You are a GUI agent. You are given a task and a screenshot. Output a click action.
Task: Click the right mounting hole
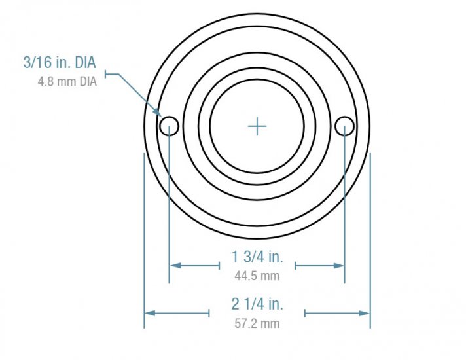(344, 125)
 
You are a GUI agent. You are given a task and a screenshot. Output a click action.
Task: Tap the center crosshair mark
(257, 126)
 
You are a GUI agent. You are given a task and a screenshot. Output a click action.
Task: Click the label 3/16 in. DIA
(60, 63)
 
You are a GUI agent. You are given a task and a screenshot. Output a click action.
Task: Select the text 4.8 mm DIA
(68, 82)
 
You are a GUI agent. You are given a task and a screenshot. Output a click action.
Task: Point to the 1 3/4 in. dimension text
(257, 256)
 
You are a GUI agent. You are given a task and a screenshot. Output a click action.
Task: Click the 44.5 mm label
(257, 276)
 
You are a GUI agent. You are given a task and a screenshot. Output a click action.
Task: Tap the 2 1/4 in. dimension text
(257, 304)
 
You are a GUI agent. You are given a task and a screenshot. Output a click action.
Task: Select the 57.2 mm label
(257, 323)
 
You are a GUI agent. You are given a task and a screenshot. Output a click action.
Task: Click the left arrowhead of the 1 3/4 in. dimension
(174, 265)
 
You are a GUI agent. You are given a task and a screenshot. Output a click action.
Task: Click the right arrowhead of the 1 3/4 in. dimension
(340, 265)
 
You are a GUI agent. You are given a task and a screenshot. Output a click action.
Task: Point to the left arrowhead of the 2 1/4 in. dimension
(149, 313)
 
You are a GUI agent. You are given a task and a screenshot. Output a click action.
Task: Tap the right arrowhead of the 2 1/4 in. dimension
(365, 313)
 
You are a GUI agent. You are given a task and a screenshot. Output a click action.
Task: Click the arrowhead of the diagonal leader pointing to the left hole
(160, 115)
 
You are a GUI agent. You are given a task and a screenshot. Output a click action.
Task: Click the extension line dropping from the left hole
(170, 209)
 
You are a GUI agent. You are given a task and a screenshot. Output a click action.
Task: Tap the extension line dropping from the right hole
(344, 209)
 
